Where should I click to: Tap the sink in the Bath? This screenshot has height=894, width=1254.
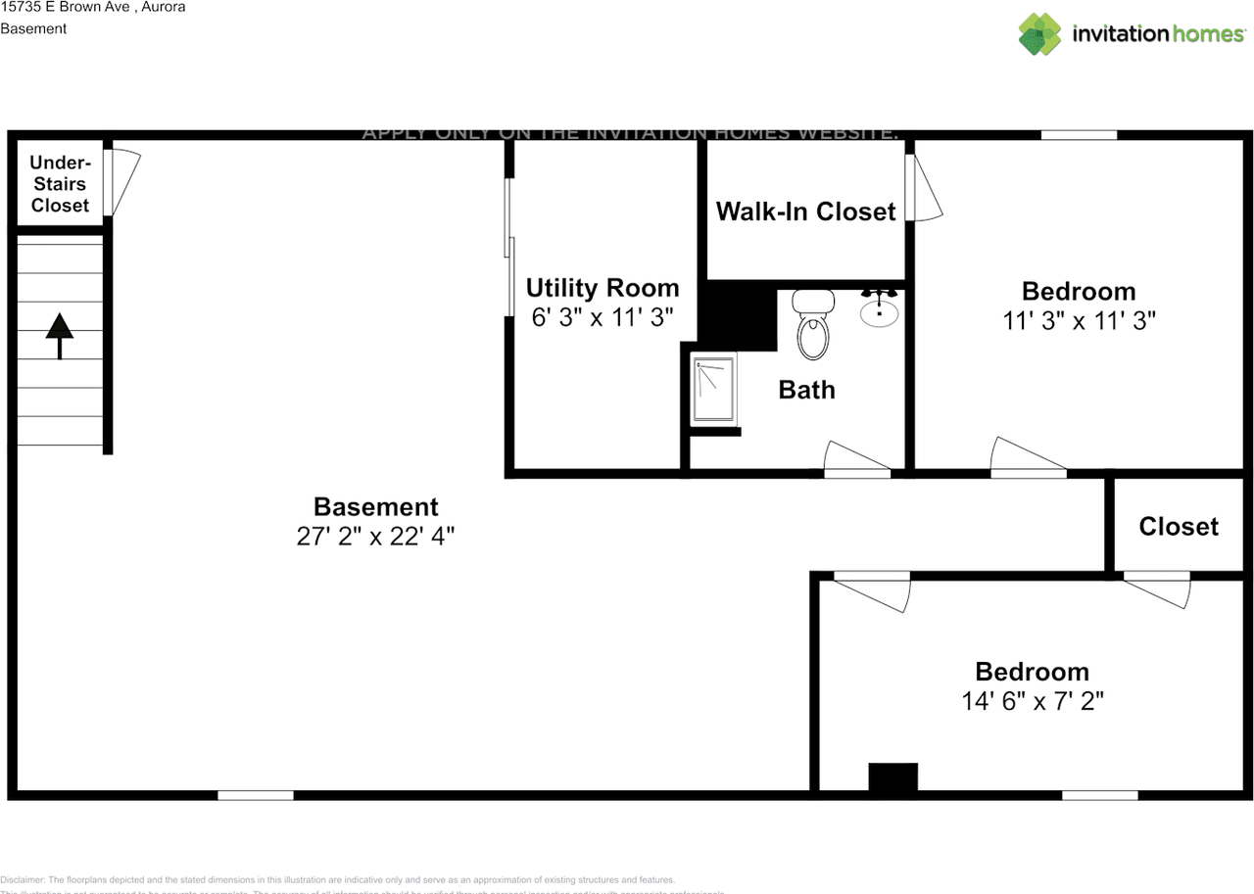point(879,308)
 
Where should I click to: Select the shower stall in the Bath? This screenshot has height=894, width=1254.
point(714,391)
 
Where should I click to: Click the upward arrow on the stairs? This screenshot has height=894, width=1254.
point(60,336)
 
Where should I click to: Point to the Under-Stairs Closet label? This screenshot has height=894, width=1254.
point(60,184)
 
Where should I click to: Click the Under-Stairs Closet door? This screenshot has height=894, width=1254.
point(123,181)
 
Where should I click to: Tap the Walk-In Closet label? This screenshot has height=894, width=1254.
point(805,212)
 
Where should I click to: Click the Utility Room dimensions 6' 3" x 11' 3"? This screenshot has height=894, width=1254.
point(602,317)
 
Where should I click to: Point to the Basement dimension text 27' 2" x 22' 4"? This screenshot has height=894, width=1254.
point(375,537)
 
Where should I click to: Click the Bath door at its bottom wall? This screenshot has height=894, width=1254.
point(856,460)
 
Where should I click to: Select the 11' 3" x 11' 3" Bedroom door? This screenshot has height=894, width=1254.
point(1027,459)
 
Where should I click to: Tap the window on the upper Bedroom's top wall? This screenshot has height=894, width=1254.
point(1079,135)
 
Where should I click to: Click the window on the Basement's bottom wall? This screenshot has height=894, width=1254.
point(255,795)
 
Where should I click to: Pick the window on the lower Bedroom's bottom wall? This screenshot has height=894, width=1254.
point(1099,795)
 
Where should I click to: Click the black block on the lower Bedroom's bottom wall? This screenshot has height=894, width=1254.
point(892,776)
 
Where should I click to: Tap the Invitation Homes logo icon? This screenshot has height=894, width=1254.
point(1039,34)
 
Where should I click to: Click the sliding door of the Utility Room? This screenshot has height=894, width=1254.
point(509,247)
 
